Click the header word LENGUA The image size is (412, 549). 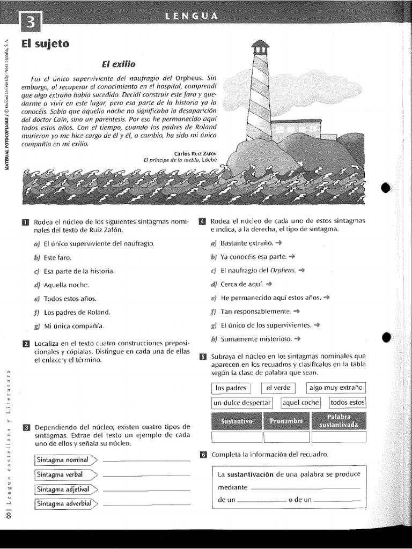pos(193,16)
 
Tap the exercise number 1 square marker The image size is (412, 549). pos(25,221)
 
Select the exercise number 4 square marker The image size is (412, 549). pos(202,221)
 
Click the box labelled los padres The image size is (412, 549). pos(231,388)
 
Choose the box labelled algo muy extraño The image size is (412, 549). pos(336,388)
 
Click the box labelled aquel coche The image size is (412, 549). pos(300,403)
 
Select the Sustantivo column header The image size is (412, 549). pos(237,421)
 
